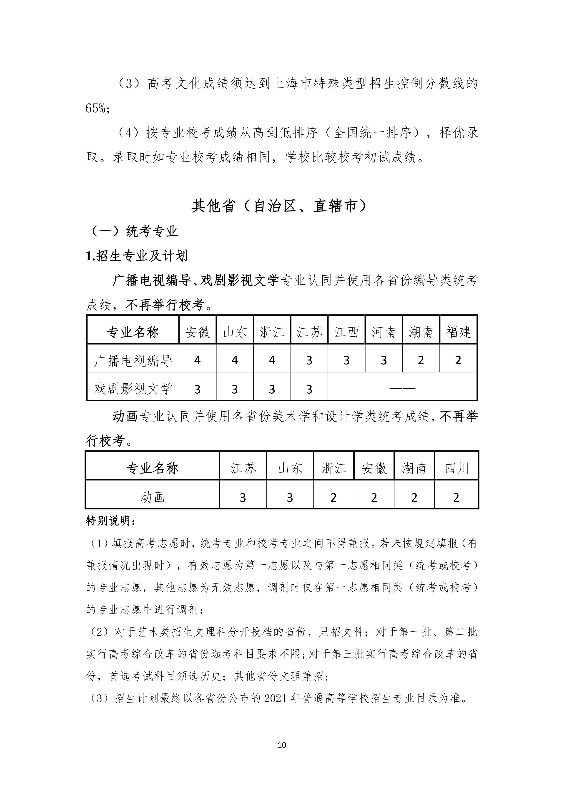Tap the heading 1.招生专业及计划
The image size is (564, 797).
(137, 256)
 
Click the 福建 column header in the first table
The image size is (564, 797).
(458, 332)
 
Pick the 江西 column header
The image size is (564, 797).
(346, 332)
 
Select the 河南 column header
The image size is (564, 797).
(384, 332)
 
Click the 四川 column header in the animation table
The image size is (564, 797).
(456, 468)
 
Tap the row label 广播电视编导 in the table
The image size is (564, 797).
(133, 361)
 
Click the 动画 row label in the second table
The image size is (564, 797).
(152, 497)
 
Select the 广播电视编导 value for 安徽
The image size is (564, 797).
(197, 361)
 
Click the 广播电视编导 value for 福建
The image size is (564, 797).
(458, 361)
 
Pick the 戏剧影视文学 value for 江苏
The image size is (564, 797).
(309, 389)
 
